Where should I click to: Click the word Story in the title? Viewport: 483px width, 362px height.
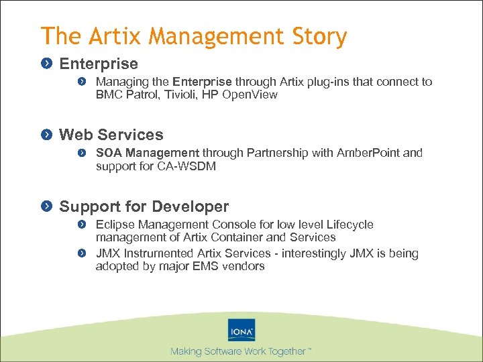coord(319,36)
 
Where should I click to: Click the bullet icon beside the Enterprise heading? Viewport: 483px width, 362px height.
coord(46,64)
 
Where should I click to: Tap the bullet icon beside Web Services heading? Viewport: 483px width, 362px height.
coord(46,135)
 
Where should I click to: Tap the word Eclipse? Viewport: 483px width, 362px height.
coord(115,225)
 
